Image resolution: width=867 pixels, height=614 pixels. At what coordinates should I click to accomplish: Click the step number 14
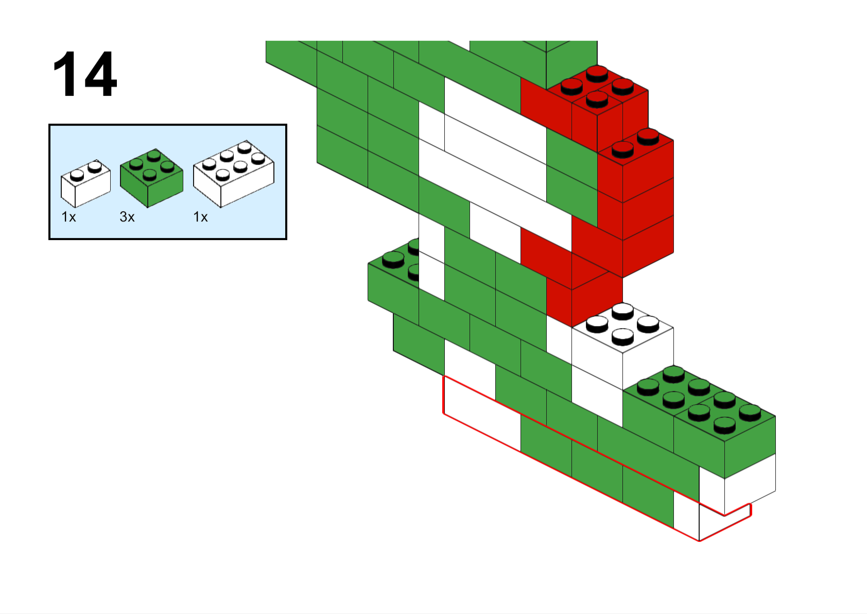click(x=85, y=74)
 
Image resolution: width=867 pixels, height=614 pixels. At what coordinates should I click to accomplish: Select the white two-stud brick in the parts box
click(x=85, y=183)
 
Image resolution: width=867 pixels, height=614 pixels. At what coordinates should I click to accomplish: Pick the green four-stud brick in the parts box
click(x=151, y=178)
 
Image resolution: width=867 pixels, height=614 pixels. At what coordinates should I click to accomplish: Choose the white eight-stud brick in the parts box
click(x=234, y=174)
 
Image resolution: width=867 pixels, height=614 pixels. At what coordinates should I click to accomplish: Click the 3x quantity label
click(x=127, y=217)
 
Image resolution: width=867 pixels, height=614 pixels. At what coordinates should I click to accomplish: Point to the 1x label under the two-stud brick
click(x=68, y=217)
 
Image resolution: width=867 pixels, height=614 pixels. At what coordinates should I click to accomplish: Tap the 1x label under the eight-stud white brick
click(x=200, y=217)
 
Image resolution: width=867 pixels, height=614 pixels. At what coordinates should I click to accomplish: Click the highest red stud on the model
click(x=597, y=74)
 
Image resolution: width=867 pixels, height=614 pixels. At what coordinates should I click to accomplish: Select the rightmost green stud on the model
click(x=750, y=413)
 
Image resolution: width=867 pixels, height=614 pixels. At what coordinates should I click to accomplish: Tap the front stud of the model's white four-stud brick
click(x=622, y=337)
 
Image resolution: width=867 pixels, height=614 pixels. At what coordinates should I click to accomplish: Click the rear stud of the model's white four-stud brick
click(x=622, y=311)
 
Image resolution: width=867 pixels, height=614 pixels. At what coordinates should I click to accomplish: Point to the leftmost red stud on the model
click(x=571, y=87)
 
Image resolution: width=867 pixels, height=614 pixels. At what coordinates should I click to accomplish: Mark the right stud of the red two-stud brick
click(x=648, y=137)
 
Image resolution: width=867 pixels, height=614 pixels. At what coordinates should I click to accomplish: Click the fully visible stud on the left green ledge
click(x=393, y=260)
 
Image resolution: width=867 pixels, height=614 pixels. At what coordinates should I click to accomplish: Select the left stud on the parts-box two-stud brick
click(x=77, y=175)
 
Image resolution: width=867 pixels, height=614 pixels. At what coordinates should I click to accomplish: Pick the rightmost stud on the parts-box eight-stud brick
click(x=258, y=158)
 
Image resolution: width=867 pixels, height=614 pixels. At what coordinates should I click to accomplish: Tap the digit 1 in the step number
click(x=64, y=74)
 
